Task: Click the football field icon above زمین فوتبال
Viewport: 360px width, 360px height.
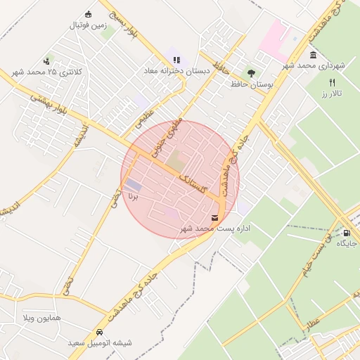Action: click(88, 14)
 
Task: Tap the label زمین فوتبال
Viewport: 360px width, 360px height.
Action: click(87, 25)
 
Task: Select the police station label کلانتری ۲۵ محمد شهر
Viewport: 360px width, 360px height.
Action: click(48, 72)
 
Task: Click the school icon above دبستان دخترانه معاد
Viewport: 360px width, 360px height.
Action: click(176, 60)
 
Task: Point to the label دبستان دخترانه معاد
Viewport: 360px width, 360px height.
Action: click(176, 71)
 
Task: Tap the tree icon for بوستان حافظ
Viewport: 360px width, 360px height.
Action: click(251, 72)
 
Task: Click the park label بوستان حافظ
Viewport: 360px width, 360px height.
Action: click(251, 84)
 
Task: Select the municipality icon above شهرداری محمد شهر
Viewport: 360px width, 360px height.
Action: click(313, 55)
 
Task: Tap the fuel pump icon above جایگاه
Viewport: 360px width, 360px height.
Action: click(347, 232)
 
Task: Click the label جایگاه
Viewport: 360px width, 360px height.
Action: click(347, 243)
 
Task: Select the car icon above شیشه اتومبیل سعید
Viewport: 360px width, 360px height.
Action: click(99, 332)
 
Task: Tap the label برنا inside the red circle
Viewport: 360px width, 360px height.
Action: click(134, 198)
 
